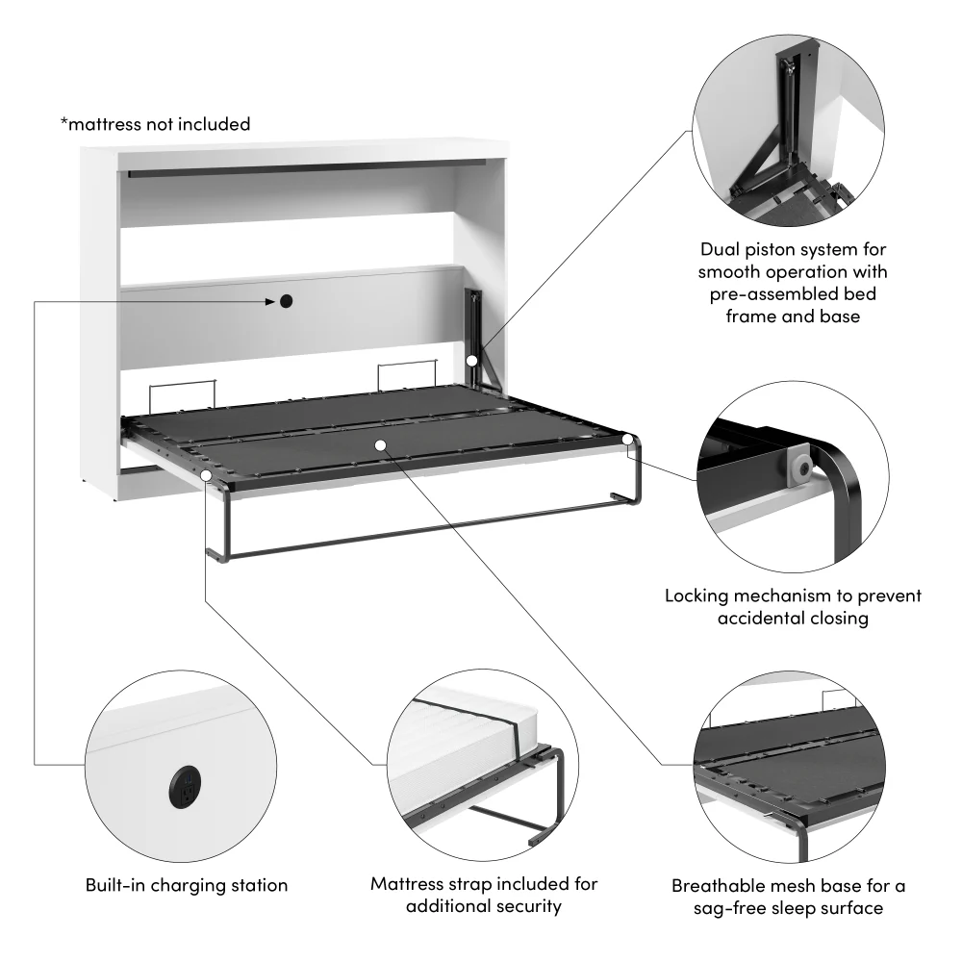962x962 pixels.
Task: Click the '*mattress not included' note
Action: coord(155,124)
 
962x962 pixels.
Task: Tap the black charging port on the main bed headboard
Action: coord(286,302)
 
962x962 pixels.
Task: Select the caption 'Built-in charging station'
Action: coord(186,885)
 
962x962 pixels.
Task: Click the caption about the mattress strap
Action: coord(484,895)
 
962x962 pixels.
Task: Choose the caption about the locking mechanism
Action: coord(793,607)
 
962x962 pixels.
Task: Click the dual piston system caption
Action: coord(793,281)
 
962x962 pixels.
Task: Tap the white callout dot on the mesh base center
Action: coord(381,445)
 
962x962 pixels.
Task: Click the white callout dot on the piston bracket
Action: coord(472,360)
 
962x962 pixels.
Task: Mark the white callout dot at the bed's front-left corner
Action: coord(207,474)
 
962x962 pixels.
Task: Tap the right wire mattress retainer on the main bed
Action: coord(407,372)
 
